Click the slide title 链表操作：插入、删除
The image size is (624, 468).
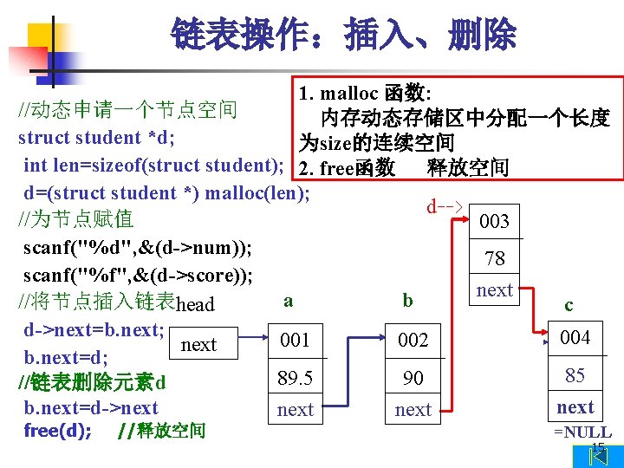click(343, 36)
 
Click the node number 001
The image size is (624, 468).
click(295, 341)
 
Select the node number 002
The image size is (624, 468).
click(413, 341)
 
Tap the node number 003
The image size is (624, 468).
click(494, 221)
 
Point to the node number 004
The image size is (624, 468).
click(575, 337)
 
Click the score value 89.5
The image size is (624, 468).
click(295, 378)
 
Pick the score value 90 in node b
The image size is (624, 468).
click(413, 378)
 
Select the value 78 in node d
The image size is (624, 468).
click(495, 258)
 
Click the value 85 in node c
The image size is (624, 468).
click(575, 375)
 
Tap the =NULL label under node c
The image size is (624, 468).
click(582, 432)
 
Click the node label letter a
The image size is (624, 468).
click(288, 301)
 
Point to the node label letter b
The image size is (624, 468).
click(407, 301)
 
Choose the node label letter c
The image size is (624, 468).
click(569, 304)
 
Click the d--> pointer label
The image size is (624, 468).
click(445, 207)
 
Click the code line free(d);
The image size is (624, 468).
click(58, 431)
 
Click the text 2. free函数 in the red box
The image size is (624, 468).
click(347, 166)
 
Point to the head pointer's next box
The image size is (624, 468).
click(198, 345)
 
